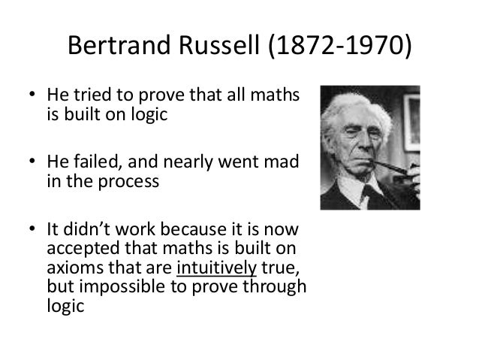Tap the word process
pos(128,183)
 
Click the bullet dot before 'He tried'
pos(31,98)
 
